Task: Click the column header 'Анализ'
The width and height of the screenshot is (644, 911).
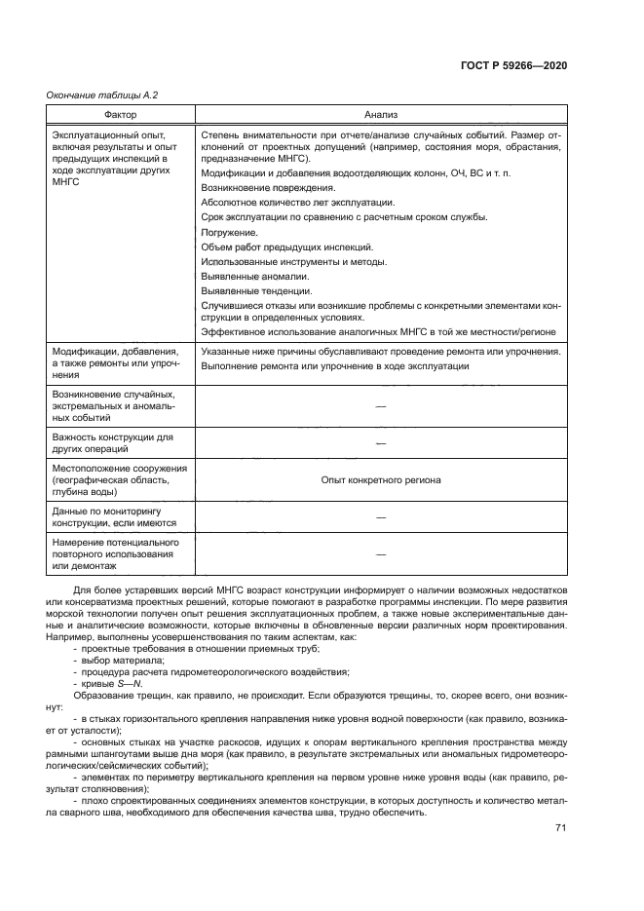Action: [x=380, y=114]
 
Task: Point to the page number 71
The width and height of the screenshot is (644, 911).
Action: [x=560, y=828]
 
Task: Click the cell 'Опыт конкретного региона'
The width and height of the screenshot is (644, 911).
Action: [x=380, y=480]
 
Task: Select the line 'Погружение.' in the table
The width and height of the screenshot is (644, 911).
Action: [x=229, y=232]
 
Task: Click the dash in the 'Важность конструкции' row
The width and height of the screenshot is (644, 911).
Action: [x=380, y=443]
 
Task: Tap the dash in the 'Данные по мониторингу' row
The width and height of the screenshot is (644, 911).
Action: [x=380, y=516]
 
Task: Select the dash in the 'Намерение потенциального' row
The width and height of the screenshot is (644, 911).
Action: [x=380, y=553]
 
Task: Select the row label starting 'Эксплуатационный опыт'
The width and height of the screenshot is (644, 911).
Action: [x=110, y=158]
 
